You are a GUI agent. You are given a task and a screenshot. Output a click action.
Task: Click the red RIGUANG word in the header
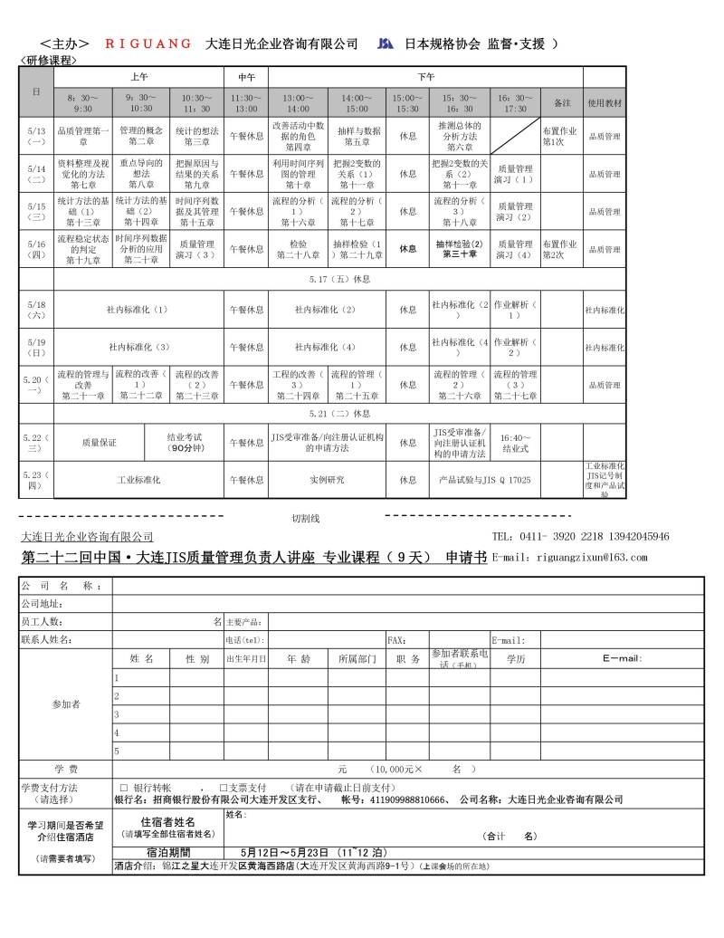point(148,43)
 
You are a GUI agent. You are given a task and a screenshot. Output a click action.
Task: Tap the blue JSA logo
point(386,43)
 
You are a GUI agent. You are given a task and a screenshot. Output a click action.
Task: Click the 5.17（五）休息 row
point(339,279)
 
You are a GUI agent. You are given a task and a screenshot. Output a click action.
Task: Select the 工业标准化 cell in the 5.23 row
point(138,480)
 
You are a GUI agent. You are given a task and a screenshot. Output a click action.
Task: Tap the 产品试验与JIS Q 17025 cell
point(484,480)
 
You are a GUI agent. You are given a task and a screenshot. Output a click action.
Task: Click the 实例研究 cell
point(327,480)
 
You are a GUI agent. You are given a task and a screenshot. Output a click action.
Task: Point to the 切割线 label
point(305,519)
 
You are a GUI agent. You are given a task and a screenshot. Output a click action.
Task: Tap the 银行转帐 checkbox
point(124,787)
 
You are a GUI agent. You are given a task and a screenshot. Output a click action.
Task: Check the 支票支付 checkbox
point(224,787)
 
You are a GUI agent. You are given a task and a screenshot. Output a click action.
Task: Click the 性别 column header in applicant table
point(197,659)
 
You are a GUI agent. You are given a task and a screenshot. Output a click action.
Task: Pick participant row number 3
point(116,714)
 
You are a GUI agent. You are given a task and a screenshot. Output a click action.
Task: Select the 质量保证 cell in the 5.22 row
point(99,443)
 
